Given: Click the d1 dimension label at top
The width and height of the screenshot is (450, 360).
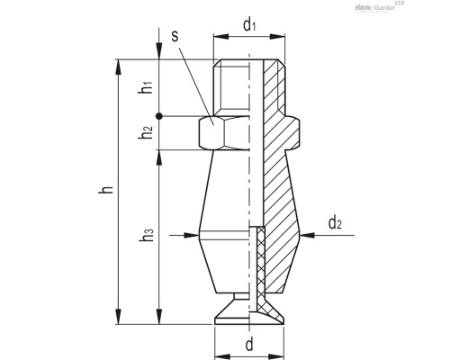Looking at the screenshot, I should click(x=249, y=25).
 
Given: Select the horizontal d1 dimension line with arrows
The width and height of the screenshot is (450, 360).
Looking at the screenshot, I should click(x=249, y=39).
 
